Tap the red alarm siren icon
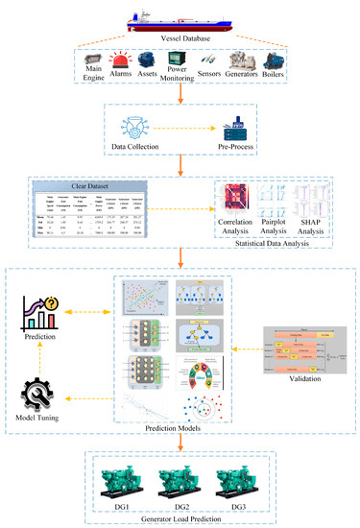click(x=122, y=60)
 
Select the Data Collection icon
click(x=133, y=128)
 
